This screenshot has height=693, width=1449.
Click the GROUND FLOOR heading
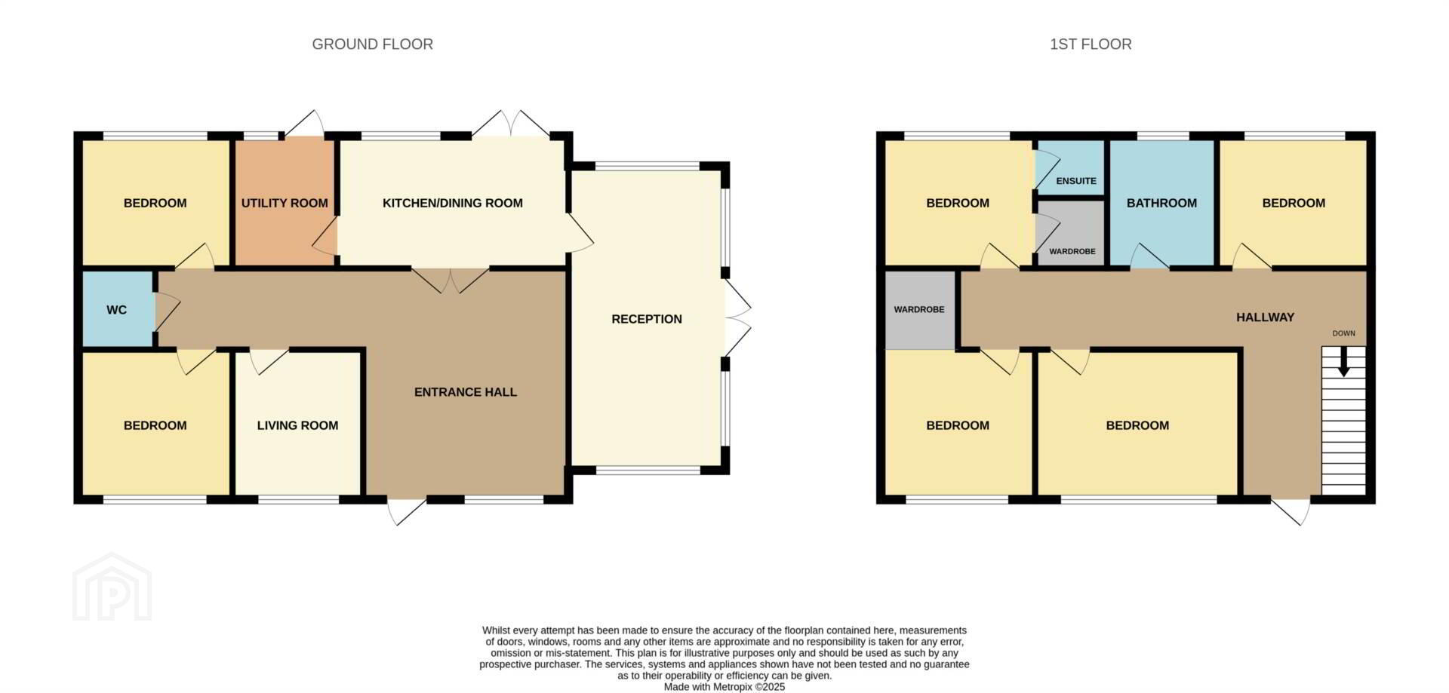(372, 44)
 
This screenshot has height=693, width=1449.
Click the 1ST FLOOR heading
(1091, 44)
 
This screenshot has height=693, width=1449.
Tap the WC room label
(116, 310)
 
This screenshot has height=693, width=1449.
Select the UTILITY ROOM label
(285, 203)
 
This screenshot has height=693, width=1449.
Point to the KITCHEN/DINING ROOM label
(453, 203)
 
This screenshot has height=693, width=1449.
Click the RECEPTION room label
(647, 319)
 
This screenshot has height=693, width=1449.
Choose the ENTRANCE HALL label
(466, 392)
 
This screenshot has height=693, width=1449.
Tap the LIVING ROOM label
(297, 425)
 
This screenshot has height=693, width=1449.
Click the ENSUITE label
(1076, 181)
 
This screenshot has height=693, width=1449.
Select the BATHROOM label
(1161, 203)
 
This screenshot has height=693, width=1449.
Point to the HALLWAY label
(1265, 317)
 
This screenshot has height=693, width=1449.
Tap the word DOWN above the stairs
(1343, 333)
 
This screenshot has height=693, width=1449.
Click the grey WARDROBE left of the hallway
(919, 310)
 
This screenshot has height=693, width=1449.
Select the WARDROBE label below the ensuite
(1072, 251)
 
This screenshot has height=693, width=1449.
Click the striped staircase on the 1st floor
(1343, 421)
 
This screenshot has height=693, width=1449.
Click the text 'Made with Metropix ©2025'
(724, 687)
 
